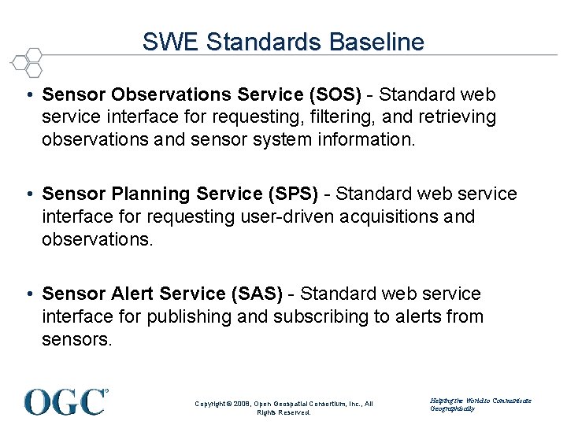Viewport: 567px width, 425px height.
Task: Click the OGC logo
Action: coord(66,401)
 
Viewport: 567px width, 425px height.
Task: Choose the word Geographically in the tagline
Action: coord(454,408)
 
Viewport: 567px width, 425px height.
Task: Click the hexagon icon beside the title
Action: coord(28,61)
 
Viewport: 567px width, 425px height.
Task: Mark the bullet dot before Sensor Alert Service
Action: coord(28,294)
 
